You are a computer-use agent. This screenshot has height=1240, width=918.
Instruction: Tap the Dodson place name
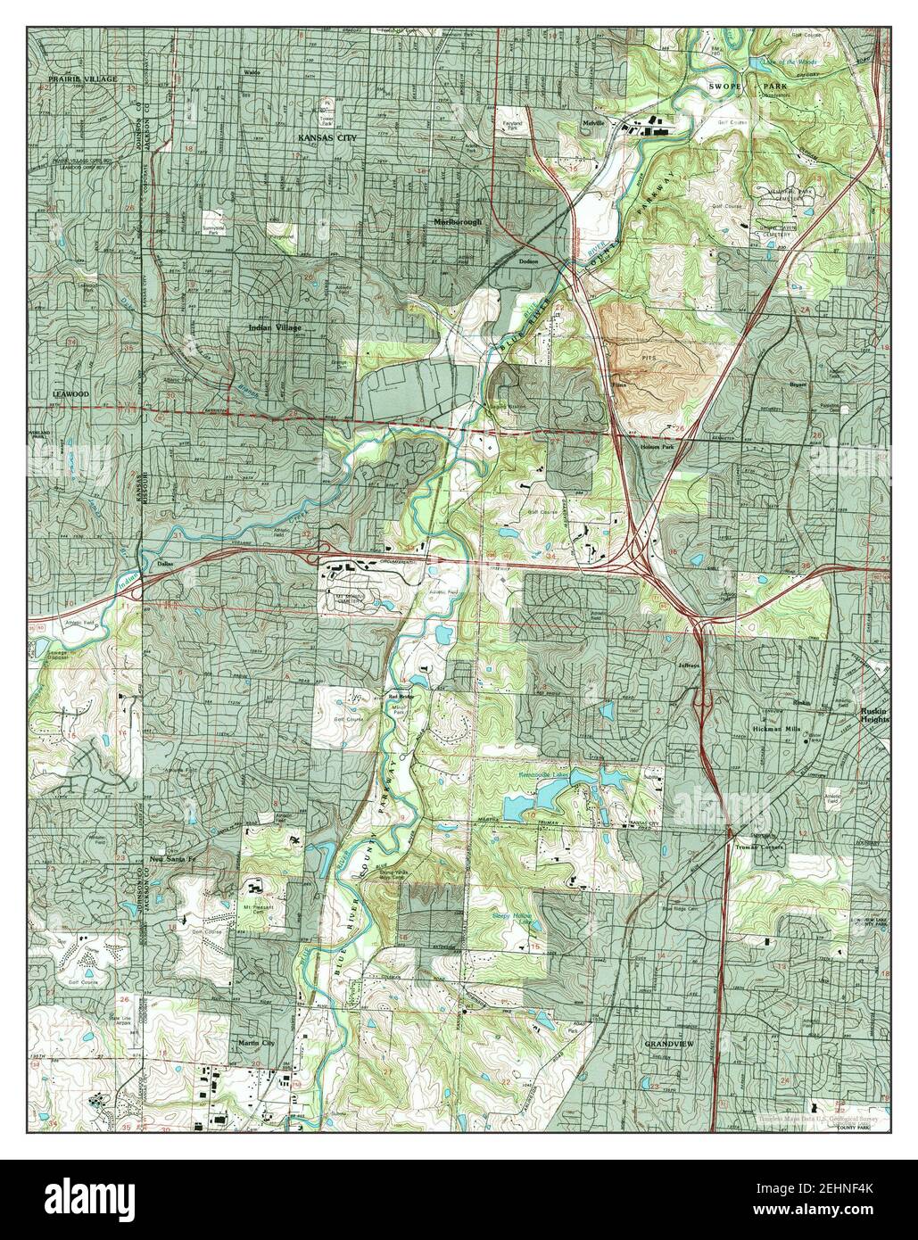pos(530,261)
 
